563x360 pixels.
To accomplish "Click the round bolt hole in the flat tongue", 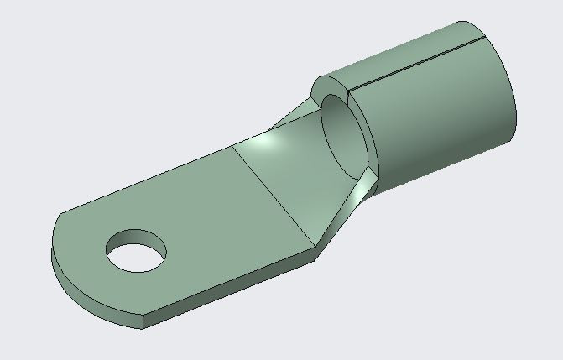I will [x=136, y=250].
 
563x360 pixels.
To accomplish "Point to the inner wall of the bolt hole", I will [x=134, y=239].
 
